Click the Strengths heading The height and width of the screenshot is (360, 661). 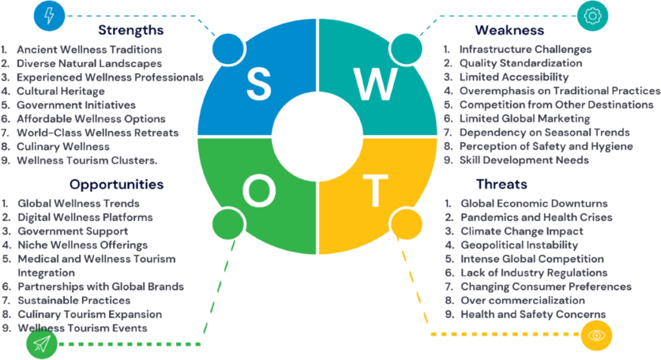[131, 30]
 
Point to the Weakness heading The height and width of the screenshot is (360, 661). [509, 30]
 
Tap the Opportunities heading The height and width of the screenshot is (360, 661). [116, 185]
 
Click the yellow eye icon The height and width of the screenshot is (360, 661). [596, 335]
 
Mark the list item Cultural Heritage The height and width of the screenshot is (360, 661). [61, 91]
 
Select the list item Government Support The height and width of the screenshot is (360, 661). [72, 231]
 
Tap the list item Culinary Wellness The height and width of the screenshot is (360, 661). [63, 146]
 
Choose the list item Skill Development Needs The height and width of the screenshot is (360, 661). [524, 160]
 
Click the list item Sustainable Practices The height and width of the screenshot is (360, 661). [74, 301]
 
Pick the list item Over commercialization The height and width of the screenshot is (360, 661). [522, 301]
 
